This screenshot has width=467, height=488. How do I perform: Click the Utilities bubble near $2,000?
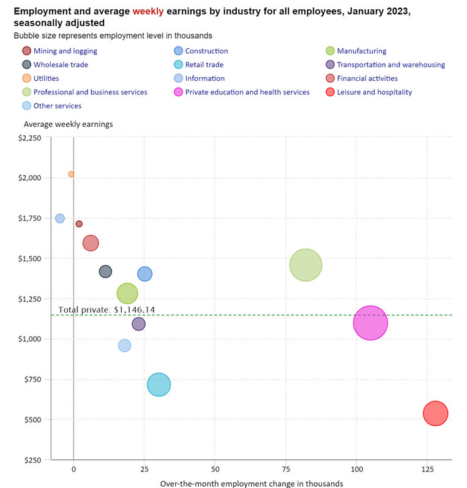click(71, 174)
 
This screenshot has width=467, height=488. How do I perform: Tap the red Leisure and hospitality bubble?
click(435, 413)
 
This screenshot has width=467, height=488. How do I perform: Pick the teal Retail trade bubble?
click(159, 385)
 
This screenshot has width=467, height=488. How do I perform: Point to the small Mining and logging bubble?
click(79, 223)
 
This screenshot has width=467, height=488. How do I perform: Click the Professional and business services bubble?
click(305, 265)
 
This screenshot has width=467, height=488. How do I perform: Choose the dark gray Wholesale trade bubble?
click(105, 271)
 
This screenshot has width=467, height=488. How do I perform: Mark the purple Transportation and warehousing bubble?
click(139, 324)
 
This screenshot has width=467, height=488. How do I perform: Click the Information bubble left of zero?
click(59, 219)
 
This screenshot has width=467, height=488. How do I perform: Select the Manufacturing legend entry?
click(361, 51)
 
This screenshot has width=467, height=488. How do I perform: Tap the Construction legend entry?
click(206, 51)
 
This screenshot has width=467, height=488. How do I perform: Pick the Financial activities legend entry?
click(367, 78)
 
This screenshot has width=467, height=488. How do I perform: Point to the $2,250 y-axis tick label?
click(29, 138)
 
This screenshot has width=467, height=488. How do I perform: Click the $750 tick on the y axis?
click(32, 380)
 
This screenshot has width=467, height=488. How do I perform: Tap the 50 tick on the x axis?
click(215, 469)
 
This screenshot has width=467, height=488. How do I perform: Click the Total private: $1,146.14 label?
click(106, 310)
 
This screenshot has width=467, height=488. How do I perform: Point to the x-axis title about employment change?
click(252, 484)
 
